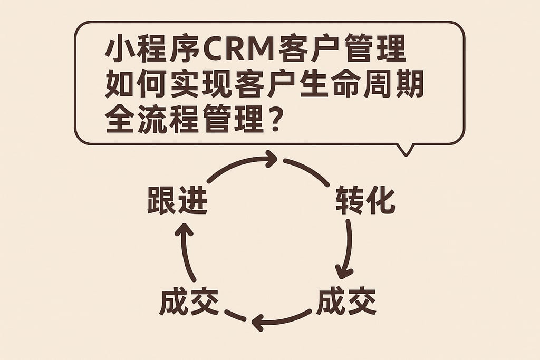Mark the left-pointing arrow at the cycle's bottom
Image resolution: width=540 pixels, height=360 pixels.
[279, 319]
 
